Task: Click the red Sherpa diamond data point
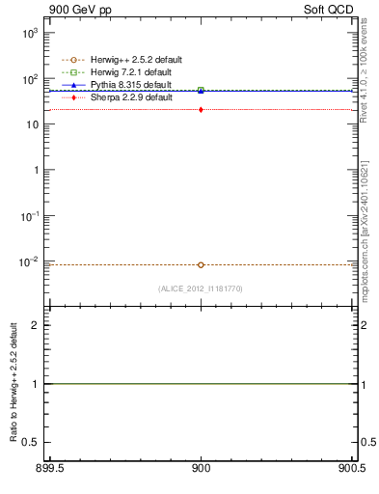[x=201, y=110]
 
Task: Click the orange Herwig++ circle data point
[x=201, y=264]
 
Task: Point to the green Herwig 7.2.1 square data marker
[x=201, y=90]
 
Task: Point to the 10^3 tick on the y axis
[x=32, y=33]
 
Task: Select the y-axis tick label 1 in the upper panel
[x=37, y=170]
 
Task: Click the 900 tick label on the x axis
[x=201, y=469]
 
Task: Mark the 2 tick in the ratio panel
[x=37, y=325]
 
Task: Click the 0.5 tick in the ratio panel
[x=33, y=442]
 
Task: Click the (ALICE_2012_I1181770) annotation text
[x=201, y=288]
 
